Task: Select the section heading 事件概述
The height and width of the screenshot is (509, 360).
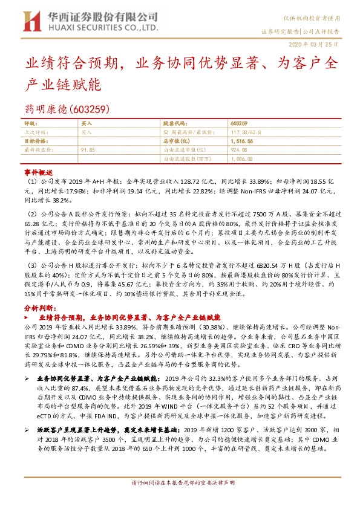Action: tap(35, 172)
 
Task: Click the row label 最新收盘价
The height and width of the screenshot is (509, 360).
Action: tap(36, 148)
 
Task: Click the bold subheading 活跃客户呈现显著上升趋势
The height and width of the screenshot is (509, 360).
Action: tap(75, 429)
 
